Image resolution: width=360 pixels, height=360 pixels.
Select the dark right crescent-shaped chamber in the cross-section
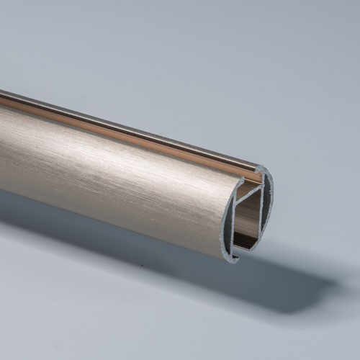(268, 205)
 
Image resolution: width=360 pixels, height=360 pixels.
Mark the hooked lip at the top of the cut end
(261, 171)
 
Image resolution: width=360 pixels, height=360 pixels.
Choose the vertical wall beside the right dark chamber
(262, 209)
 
